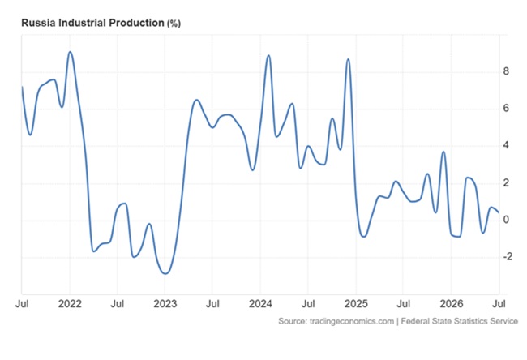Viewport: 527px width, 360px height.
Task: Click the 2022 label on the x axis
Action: point(70,304)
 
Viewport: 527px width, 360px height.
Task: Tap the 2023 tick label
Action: point(165,304)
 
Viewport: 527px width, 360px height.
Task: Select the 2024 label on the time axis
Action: point(260,304)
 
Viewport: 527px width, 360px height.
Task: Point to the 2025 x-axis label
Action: point(356,304)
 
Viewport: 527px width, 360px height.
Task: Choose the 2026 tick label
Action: point(452,304)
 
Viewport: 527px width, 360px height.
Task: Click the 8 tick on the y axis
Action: point(506,71)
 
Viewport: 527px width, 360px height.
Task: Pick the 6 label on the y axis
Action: point(506,108)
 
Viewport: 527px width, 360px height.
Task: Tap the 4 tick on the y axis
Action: point(506,145)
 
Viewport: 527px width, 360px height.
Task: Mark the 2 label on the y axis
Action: point(506,183)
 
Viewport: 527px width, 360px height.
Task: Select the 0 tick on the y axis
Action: point(506,220)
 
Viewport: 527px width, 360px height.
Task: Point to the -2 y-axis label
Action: point(508,257)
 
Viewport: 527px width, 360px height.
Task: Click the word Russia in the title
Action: point(39,23)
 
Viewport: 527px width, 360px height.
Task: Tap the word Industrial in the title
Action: point(83,23)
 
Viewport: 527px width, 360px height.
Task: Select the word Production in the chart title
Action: point(137,23)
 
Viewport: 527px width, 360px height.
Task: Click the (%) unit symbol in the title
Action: point(174,24)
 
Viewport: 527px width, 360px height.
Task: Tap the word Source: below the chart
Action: point(293,321)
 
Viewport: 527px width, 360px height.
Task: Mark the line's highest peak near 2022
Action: point(70,52)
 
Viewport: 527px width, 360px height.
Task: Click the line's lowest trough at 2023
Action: point(165,273)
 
